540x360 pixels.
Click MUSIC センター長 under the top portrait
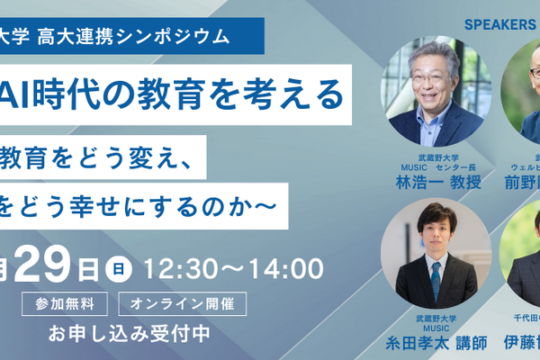pos(436,167)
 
